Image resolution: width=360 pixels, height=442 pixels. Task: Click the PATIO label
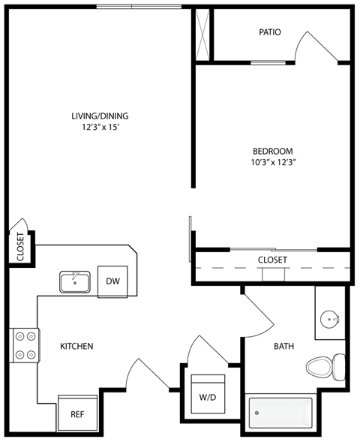pyautogui.click(x=270, y=32)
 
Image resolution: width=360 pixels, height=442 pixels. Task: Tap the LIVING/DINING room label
pyautogui.click(x=100, y=116)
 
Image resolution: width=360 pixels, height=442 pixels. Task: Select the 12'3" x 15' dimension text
pyautogui.click(x=100, y=128)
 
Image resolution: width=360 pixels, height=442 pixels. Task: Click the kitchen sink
pyautogui.click(x=75, y=282)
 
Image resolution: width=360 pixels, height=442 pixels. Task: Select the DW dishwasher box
pyautogui.click(x=112, y=281)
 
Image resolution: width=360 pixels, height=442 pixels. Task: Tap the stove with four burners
pyautogui.click(x=24, y=345)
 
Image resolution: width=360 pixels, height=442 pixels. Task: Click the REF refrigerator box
pyautogui.click(x=77, y=413)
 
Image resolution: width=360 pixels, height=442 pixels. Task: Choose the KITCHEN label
pyautogui.click(x=76, y=346)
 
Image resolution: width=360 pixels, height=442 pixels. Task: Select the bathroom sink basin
pyautogui.click(x=331, y=320)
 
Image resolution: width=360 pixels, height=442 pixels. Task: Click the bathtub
pyautogui.click(x=280, y=412)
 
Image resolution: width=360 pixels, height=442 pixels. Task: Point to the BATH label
pyautogui.click(x=283, y=346)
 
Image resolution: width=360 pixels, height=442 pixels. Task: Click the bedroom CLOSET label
pyautogui.click(x=272, y=260)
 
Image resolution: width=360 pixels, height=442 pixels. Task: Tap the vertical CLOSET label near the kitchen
pyautogui.click(x=20, y=246)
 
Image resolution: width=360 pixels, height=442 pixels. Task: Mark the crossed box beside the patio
pyautogui.click(x=202, y=35)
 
